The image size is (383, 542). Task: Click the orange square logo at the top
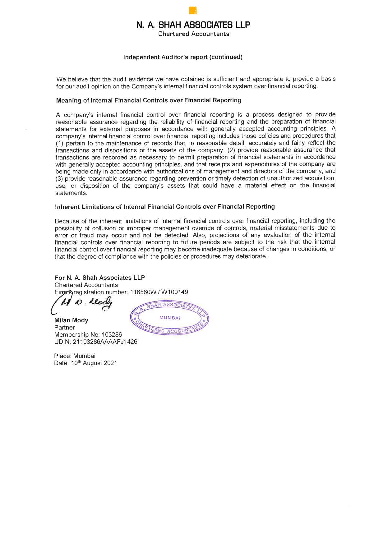pos(193,11)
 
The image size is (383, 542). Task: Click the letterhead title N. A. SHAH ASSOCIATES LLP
pos(193,25)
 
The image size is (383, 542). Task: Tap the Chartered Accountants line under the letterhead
pos(193,34)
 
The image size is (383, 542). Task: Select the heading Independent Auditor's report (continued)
pos(183,57)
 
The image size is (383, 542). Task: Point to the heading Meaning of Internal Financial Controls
pos(149,100)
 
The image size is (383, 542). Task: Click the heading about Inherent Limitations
pos(165,207)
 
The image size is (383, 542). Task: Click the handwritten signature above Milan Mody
pos(82,303)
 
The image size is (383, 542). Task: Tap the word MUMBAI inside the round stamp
pos(170,318)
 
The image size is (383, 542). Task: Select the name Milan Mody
pos(71,320)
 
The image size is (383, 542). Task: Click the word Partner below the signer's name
pos(64,328)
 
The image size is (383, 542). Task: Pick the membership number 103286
pos(112,335)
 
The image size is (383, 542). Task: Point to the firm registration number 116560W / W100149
pos(159,292)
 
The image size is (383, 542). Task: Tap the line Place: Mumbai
pos(75,356)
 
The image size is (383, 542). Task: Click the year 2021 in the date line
pos(110,363)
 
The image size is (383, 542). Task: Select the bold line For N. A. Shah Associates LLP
pos(100,278)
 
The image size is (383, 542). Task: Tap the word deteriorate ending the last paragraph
pos(251,257)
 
